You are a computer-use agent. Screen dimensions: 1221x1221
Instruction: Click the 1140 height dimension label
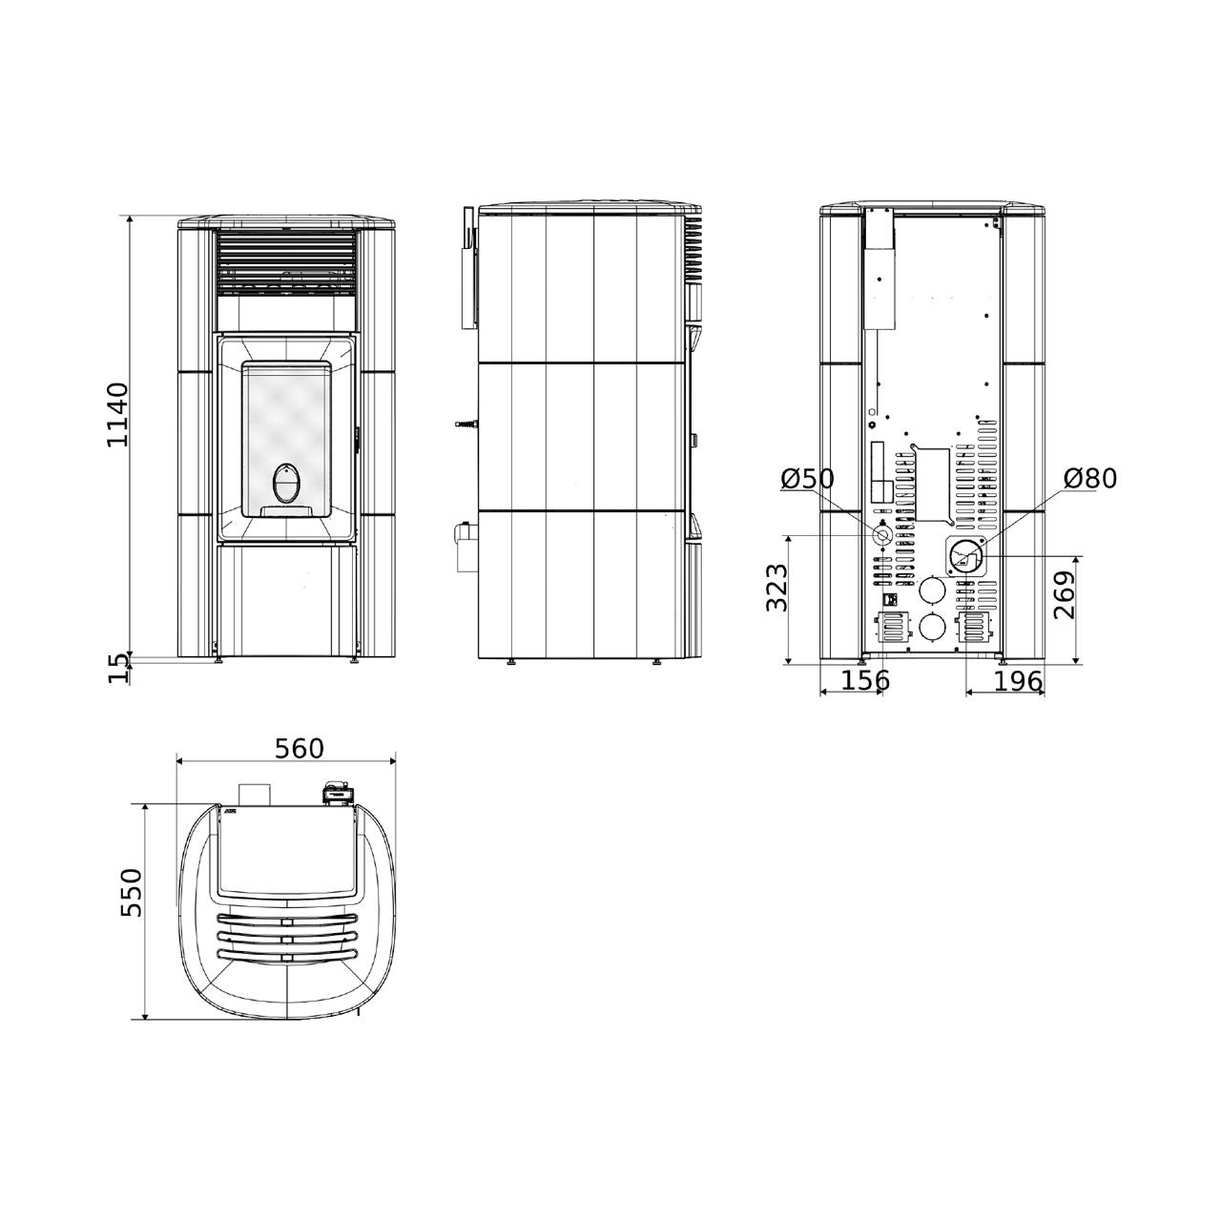point(118,415)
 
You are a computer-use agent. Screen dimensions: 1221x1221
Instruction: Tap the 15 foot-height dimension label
point(118,669)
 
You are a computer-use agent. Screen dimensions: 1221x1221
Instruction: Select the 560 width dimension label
point(300,749)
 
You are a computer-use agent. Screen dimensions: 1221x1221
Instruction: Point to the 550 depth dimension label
point(133,893)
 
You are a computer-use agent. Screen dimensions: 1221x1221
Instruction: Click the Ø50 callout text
point(808,479)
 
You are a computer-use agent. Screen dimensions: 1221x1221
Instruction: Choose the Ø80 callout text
point(1090,479)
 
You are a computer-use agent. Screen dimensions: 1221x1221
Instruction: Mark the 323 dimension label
point(776,587)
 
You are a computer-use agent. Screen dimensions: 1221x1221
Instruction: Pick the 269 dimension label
point(1065,595)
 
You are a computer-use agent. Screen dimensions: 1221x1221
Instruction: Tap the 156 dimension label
point(865,681)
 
